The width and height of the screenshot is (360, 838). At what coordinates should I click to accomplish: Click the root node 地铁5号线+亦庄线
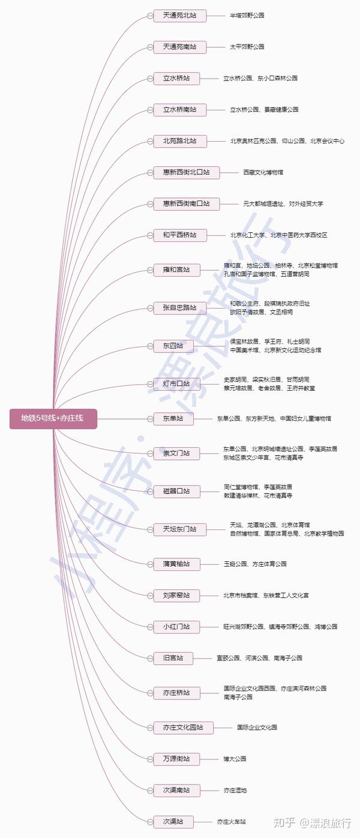53,418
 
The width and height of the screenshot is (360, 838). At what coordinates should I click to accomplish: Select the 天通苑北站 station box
179,15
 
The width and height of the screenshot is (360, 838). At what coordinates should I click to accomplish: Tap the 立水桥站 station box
179,78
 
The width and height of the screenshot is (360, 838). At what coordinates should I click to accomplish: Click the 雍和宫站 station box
179,270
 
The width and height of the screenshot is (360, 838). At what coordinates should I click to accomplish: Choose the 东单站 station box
173,418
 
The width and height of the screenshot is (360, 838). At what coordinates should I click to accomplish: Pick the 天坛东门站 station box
179,529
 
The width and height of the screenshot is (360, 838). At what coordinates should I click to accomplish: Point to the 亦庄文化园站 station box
182,728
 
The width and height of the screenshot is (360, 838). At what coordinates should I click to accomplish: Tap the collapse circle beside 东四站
150,346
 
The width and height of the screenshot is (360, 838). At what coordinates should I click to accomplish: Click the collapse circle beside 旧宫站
150,658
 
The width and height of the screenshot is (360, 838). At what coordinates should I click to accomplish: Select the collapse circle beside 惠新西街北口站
150,172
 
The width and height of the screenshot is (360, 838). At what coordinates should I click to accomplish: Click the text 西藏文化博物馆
263,172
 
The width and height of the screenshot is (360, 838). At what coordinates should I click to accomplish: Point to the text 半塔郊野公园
247,15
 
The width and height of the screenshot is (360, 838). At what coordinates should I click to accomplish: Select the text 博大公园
235,759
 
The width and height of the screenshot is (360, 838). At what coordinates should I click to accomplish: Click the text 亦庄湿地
235,790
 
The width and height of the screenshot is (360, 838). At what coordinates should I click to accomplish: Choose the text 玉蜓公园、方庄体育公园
254,564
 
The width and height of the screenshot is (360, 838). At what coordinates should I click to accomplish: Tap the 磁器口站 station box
176,491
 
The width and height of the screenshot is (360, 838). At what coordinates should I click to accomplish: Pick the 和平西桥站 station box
179,235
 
